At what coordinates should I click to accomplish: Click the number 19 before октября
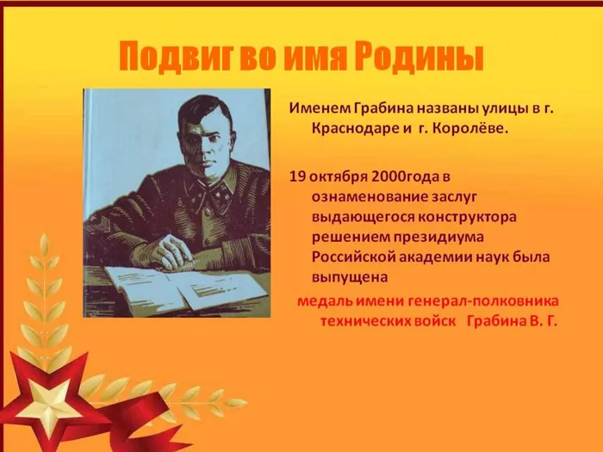tap(297, 176)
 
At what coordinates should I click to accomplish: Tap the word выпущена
tap(349, 276)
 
